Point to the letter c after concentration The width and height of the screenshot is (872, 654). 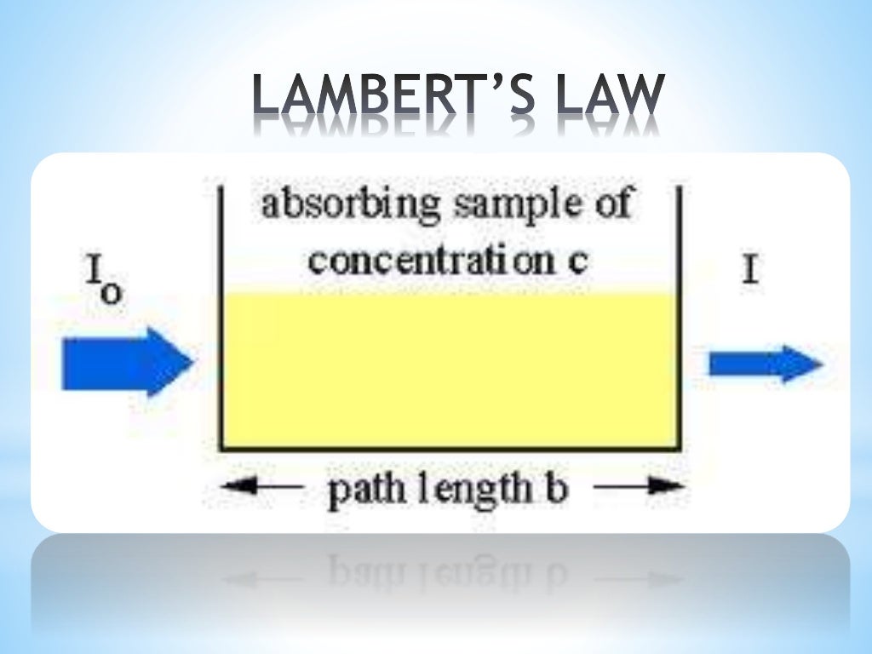coord(578,260)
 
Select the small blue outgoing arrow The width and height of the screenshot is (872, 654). coord(764,364)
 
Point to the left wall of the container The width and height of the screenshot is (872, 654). coord(221,324)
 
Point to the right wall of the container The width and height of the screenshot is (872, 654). coord(679,324)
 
